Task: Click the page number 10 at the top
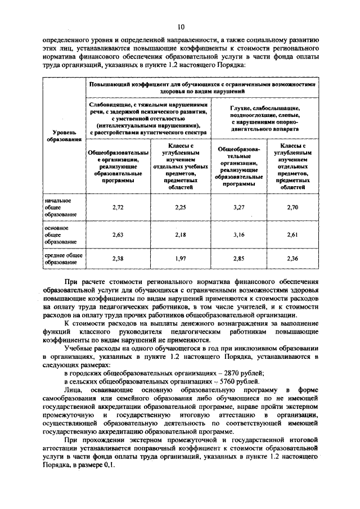(x=181, y=26)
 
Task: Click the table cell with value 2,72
(x=118, y=207)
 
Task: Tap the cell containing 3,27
(x=238, y=207)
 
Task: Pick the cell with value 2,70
(x=292, y=207)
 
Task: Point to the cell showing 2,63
(x=118, y=235)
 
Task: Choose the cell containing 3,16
(x=238, y=235)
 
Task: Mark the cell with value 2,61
(x=292, y=235)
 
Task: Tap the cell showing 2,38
(x=118, y=259)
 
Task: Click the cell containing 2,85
(x=238, y=259)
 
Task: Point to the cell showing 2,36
(x=292, y=259)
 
